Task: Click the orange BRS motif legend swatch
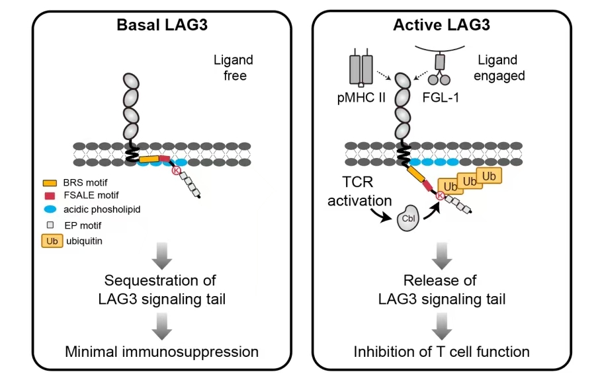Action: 49,182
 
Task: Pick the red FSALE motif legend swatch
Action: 49,196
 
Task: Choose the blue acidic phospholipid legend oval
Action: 49,209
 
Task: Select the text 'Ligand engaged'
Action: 499,68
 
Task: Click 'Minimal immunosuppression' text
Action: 161,351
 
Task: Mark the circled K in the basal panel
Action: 177,170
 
